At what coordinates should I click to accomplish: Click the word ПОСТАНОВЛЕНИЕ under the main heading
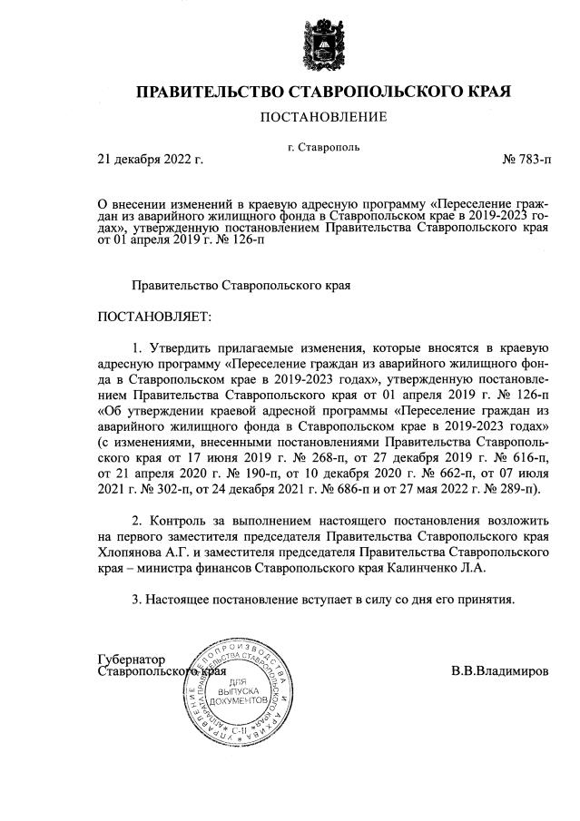323,117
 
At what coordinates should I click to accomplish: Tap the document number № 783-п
526,160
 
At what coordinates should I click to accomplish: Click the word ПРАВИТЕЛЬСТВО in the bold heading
210,93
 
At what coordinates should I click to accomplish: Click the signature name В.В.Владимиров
499,672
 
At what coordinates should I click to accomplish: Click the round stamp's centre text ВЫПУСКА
239,690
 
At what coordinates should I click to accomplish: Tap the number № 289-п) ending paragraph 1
510,490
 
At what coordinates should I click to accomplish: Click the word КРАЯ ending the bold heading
485,93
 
